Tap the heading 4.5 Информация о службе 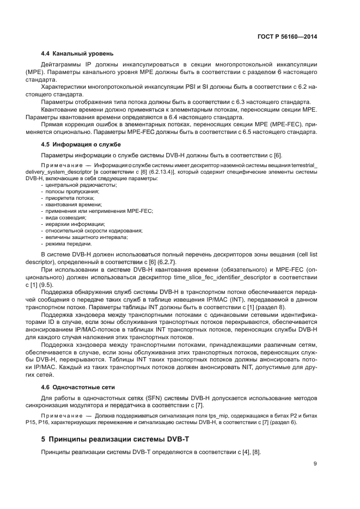pos(81,144)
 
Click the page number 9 pos(315,464)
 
